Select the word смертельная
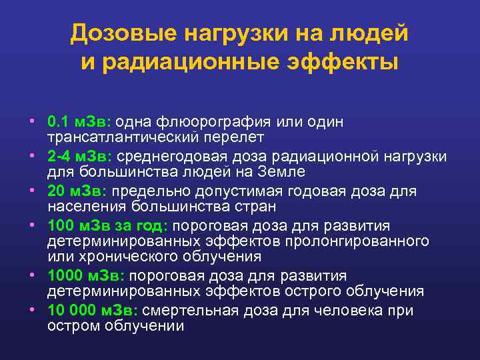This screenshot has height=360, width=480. pos(185,311)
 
